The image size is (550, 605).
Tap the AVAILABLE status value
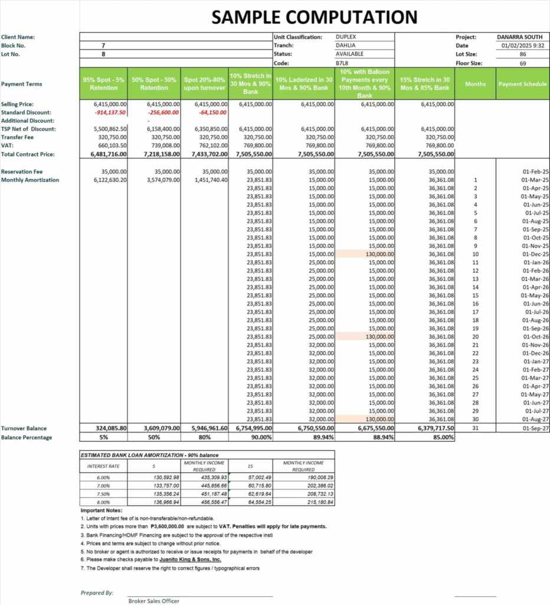click(349, 54)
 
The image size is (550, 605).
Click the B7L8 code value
click(343, 63)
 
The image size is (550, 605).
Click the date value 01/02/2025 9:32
click(522, 45)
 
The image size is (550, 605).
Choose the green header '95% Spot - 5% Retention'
click(104, 83)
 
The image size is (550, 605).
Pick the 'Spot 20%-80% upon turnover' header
click(205, 83)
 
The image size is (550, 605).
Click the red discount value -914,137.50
click(110, 112)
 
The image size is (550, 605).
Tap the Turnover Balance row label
click(24, 428)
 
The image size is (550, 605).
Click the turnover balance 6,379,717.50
click(435, 428)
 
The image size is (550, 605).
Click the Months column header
click(475, 84)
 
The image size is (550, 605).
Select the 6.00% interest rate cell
click(103, 477)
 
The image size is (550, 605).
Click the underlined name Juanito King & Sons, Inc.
click(190, 559)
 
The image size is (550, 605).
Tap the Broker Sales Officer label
click(154, 601)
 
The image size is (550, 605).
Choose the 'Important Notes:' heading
click(102, 510)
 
